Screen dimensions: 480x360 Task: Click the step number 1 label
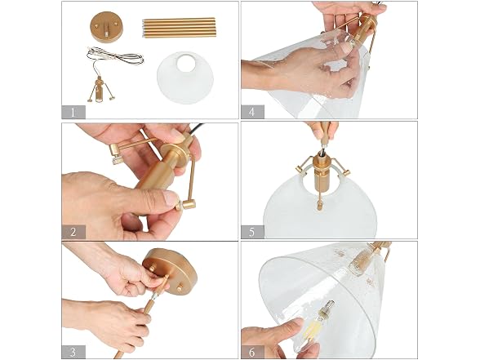pyautogui.click(x=73, y=113)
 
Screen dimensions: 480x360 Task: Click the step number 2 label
pyautogui.click(x=73, y=232)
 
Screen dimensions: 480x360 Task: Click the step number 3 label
pyautogui.click(x=73, y=352)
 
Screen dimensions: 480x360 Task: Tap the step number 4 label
pyautogui.click(x=252, y=112)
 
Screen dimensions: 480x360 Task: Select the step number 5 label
pyautogui.click(x=252, y=232)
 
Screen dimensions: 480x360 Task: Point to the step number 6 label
pyautogui.click(x=252, y=352)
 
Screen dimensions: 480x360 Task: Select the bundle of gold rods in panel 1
pyautogui.click(x=179, y=28)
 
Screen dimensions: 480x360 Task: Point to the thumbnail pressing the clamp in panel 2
pyautogui.click(x=170, y=198)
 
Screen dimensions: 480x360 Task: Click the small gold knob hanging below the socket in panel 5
pyautogui.click(x=320, y=203)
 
